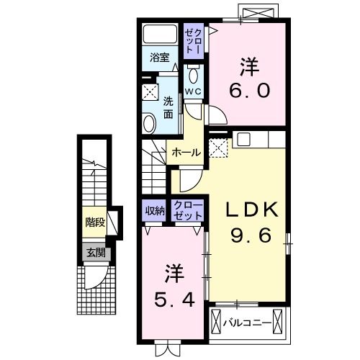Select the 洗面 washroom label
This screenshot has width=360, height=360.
[x=168, y=107]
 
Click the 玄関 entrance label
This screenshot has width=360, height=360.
[x=94, y=253]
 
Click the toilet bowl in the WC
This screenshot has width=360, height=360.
[x=192, y=76]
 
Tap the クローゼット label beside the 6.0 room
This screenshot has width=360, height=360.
[x=194, y=41]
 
